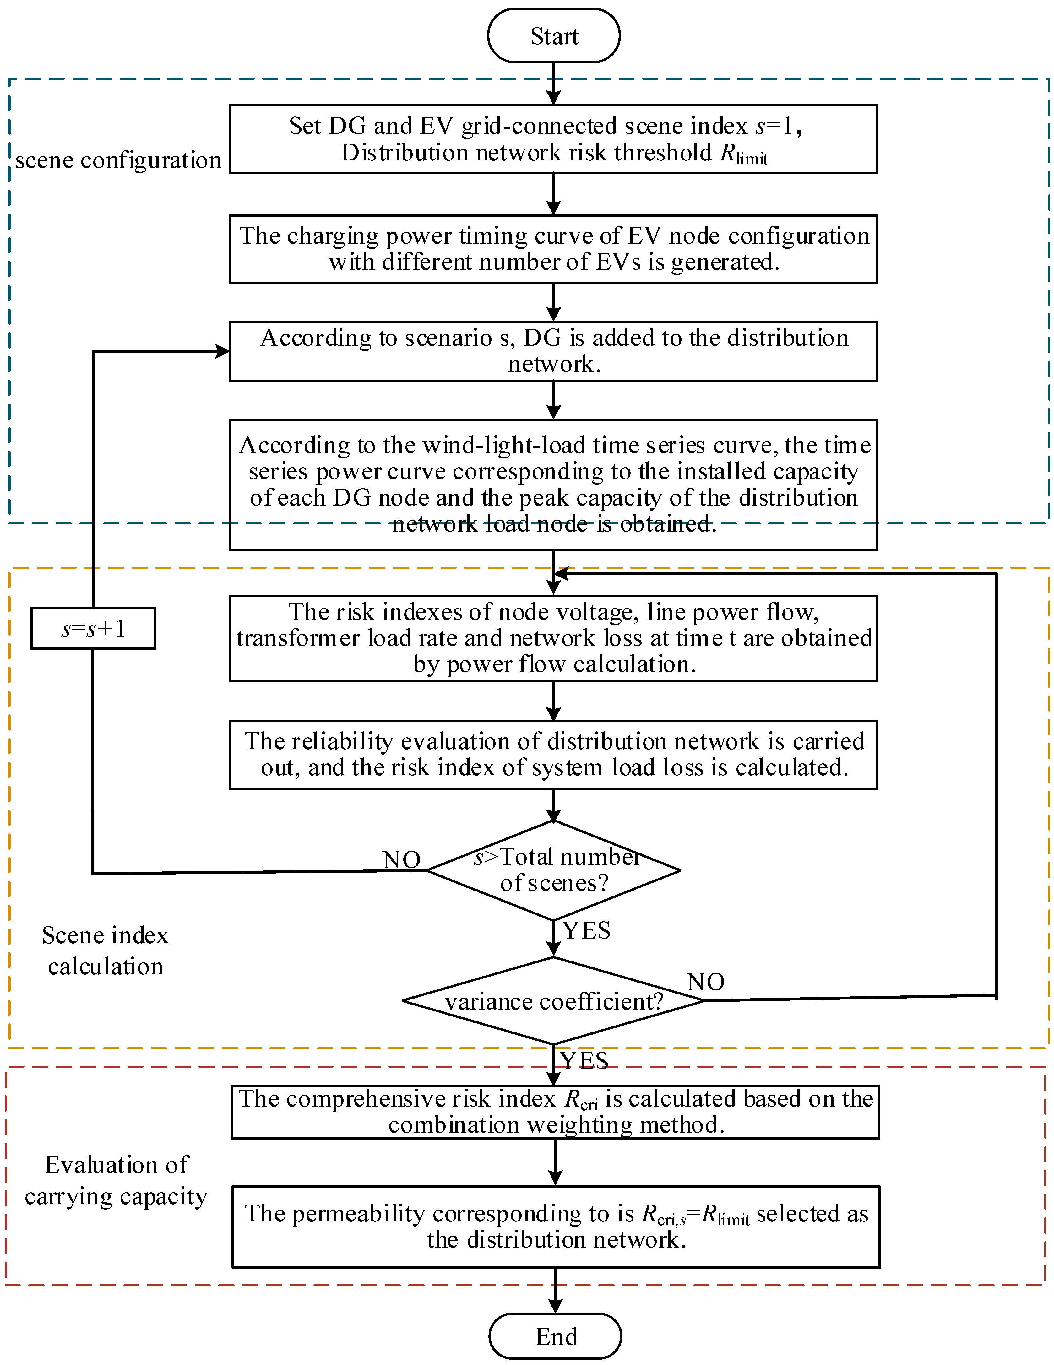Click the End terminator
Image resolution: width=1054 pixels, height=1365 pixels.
pyautogui.click(x=555, y=1336)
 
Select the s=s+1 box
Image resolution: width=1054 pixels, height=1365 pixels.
pyautogui.click(x=93, y=628)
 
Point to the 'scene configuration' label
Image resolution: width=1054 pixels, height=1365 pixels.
pyautogui.click(x=118, y=161)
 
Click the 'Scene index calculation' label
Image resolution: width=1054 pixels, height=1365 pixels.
pyautogui.click(x=105, y=951)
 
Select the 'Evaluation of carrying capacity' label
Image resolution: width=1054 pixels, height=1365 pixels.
pyautogui.click(x=116, y=1180)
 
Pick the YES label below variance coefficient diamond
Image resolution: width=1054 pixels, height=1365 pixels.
pyautogui.click(x=584, y=1061)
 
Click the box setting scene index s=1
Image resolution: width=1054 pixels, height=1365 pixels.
pyautogui.click(x=553, y=139)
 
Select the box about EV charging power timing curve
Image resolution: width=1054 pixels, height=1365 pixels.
pyautogui.click(x=553, y=249)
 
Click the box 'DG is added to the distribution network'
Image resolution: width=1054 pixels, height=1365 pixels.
pyautogui.click(x=553, y=351)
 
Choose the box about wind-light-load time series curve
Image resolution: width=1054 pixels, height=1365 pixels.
pyautogui.click(x=553, y=485)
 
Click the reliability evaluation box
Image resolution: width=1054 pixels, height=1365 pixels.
pyautogui.click(x=553, y=754)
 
